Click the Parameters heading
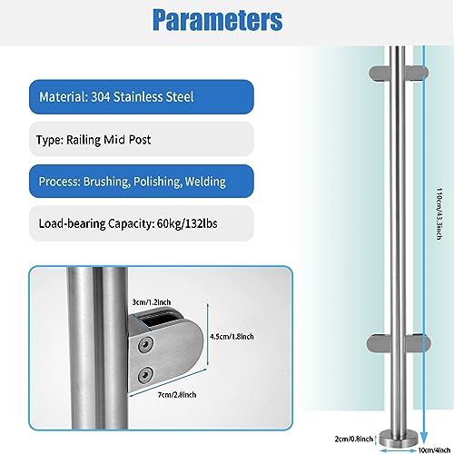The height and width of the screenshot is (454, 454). click(217, 20)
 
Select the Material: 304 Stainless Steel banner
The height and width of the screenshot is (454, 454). click(142, 97)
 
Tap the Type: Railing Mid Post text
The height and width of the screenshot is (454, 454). click(94, 140)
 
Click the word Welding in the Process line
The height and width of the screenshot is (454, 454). click(205, 182)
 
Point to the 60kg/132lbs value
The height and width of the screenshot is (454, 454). click(187, 223)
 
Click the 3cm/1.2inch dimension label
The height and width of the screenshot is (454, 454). click(152, 302)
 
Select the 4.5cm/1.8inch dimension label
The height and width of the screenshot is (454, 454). click(232, 337)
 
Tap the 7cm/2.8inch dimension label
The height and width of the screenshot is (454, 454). click(177, 395)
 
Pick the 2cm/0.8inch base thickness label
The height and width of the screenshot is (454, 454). click(354, 439)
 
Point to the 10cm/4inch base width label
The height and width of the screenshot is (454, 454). click(434, 450)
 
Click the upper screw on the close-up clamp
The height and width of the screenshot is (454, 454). click(145, 345)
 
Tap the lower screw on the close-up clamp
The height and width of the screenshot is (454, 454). click(145, 375)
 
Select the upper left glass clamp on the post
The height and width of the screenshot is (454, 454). click(380, 74)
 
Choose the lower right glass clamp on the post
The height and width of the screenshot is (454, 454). click(418, 344)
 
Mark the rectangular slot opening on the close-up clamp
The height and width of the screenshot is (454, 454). click(157, 321)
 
